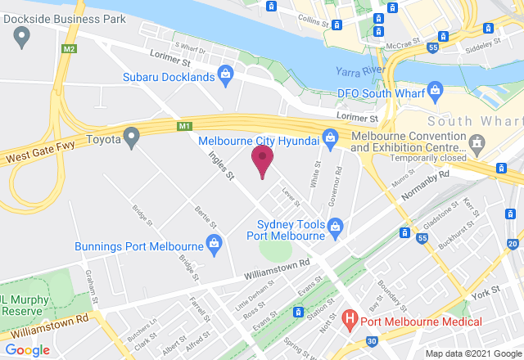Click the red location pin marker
[262, 159]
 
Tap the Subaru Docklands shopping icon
[228, 77]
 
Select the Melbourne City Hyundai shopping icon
[330, 138]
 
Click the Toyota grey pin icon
[131, 138]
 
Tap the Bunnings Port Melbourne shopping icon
[214, 242]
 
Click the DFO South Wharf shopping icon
[435, 88]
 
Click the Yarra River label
[360, 72]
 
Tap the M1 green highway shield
[184, 126]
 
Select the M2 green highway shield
[69, 49]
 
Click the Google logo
[26, 349]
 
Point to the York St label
[485, 292]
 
